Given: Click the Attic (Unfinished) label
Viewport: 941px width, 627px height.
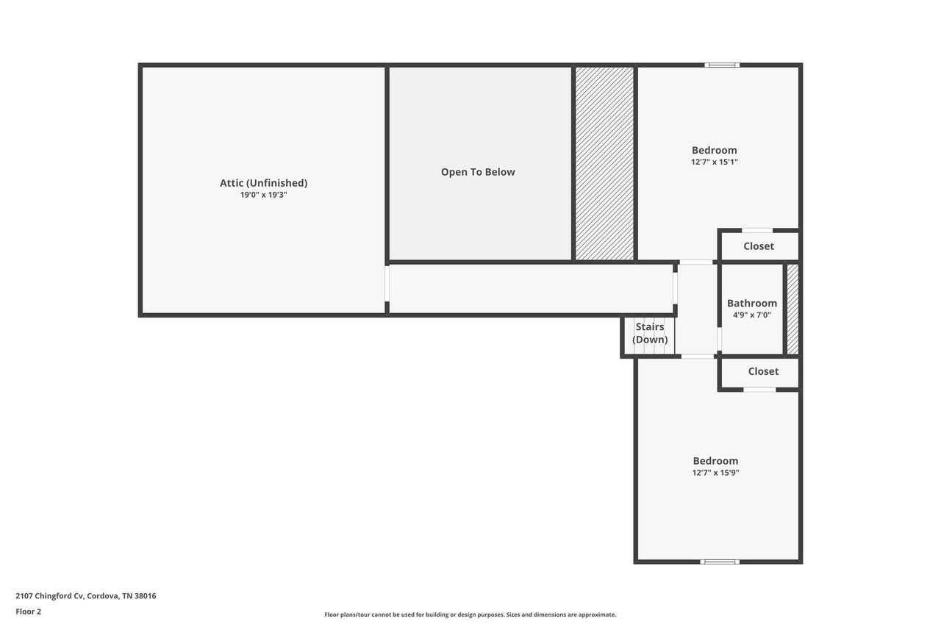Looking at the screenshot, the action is click(x=263, y=183).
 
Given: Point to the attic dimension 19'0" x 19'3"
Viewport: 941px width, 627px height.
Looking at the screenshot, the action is click(x=263, y=195).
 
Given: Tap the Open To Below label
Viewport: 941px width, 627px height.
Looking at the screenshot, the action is click(x=478, y=172).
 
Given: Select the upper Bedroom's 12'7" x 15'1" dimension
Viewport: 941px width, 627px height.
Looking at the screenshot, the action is click(x=714, y=162).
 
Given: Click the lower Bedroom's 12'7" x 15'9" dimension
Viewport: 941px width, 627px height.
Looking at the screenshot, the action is click(x=715, y=473).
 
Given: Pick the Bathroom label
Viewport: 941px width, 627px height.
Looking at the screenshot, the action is click(x=751, y=304).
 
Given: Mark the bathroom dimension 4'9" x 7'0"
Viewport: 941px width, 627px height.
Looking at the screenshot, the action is click(x=751, y=315).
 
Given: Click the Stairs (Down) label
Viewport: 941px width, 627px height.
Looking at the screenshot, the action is click(x=650, y=333).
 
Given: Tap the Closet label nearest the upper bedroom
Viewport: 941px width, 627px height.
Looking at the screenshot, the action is click(x=758, y=246).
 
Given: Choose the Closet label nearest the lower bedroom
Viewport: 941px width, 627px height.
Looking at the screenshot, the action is click(x=763, y=371).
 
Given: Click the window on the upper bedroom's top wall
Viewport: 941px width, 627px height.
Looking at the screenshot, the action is click(x=722, y=65).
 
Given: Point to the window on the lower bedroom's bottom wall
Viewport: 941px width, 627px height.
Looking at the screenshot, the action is click(x=719, y=562).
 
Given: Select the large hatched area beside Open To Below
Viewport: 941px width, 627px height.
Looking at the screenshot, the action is click(x=604, y=163).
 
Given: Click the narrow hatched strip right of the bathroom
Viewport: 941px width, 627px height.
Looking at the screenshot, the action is click(x=792, y=309).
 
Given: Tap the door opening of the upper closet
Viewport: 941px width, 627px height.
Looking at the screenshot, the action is click(x=757, y=231).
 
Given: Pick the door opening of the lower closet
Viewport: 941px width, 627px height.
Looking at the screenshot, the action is click(x=759, y=390).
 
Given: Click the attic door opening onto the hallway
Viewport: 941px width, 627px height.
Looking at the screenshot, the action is click(x=387, y=284).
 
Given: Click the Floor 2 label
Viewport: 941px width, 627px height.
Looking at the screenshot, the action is click(x=29, y=612).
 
